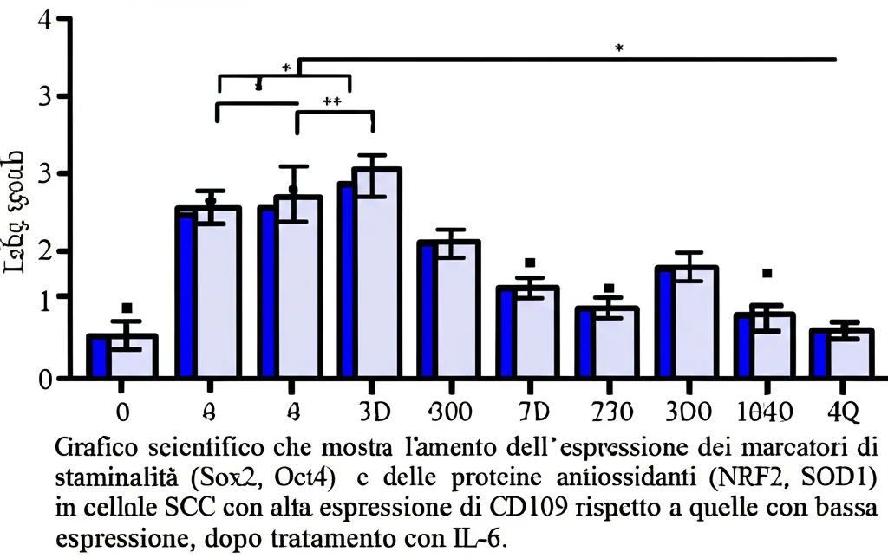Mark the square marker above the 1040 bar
pos(767,274)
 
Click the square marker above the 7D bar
pos(529,263)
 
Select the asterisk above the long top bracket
pos(618,49)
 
